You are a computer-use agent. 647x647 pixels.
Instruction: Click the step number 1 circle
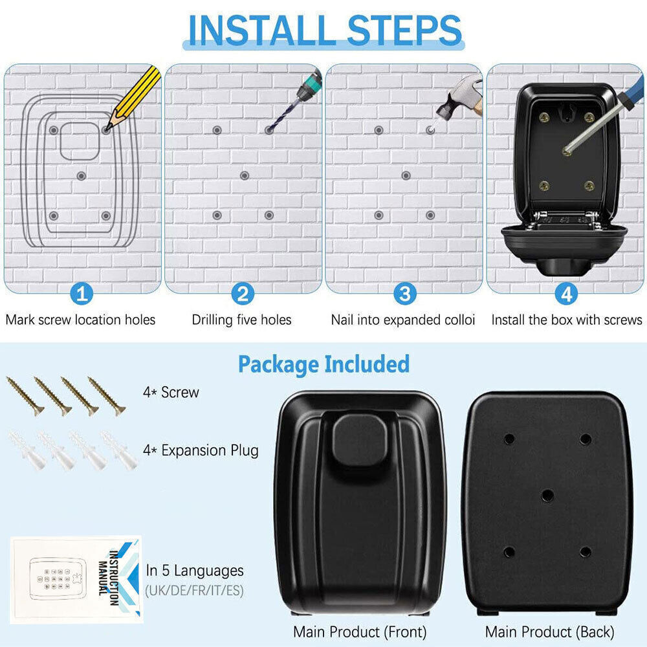point(82,295)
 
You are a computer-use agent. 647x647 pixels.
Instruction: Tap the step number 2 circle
point(243,295)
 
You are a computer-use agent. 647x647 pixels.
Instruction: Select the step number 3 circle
point(405,295)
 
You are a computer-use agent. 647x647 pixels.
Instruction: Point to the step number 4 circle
point(566,295)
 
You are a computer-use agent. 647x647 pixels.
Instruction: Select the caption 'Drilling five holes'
point(241,320)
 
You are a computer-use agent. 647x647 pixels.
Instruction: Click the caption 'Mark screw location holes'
point(81,320)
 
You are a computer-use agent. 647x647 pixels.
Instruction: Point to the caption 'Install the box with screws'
point(566,320)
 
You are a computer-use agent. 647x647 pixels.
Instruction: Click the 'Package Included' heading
point(323,364)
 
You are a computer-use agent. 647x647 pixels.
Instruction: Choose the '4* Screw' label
point(171,392)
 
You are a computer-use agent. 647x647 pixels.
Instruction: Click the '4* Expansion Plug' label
point(201,450)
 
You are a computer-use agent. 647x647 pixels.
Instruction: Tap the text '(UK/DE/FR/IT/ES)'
point(195,591)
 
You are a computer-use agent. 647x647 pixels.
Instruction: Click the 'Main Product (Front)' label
point(360,631)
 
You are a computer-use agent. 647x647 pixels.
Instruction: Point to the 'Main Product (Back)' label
point(549,631)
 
